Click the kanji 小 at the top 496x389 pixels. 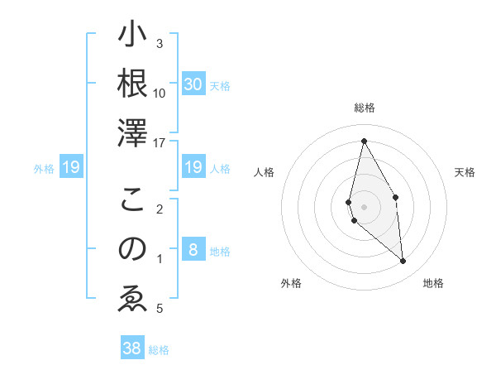[x=132, y=36]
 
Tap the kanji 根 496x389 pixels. [x=132, y=84]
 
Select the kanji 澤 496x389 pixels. [x=132, y=132]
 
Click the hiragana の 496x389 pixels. [x=132, y=248]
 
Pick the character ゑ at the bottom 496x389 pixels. [x=132, y=298]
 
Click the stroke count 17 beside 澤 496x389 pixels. [x=160, y=142]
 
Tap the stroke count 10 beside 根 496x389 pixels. [x=160, y=93]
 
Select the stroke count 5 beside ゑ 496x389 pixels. [x=160, y=309]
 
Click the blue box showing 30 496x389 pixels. [x=193, y=84]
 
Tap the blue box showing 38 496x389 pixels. [x=132, y=348]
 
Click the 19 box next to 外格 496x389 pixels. [x=71, y=168]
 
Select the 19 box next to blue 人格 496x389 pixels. [x=193, y=168]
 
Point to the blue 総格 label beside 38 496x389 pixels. [x=159, y=350]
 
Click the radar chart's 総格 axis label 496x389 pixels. [x=364, y=108]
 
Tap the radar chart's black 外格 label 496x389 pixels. [x=291, y=283]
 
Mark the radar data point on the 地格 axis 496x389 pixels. [x=403, y=262]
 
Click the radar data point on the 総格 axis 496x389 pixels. [x=364, y=141]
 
